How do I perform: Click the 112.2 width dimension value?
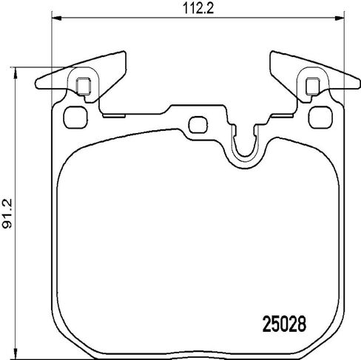click(198, 9)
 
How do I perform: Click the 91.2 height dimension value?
click(7, 214)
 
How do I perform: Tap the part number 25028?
click(284, 324)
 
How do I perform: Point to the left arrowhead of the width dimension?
click(56, 18)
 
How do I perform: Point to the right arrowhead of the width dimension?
click(340, 18)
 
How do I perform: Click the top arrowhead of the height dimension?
click(16, 72)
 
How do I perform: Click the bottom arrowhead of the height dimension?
click(16, 353)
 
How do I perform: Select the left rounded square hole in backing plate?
click(75, 118)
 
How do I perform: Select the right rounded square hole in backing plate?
click(320, 118)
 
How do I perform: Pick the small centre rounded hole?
click(198, 125)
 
